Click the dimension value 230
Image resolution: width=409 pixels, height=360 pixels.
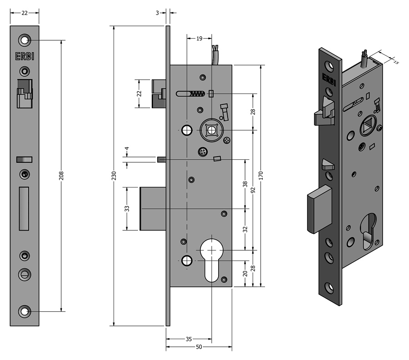point(114,175)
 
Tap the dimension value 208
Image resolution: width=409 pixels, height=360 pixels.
point(61,176)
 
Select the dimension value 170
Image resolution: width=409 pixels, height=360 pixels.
point(260,176)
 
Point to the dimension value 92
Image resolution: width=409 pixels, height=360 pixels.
point(253,190)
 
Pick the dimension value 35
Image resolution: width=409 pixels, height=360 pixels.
point(189,339)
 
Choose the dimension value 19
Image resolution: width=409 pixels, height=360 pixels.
point(199,39)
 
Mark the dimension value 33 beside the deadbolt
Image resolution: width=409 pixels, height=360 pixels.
point(127,208)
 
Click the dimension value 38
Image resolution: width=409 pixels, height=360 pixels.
point(245,184)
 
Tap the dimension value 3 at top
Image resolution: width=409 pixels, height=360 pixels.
point(157,13)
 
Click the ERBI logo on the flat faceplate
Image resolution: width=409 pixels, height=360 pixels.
point(25,56)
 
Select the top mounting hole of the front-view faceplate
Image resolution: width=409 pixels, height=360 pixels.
point(25,40)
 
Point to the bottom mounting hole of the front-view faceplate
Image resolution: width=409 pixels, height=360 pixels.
point(25,311)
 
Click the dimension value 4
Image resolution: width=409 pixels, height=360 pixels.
point(127,149)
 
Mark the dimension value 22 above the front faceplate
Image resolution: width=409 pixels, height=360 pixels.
point(25,13)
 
